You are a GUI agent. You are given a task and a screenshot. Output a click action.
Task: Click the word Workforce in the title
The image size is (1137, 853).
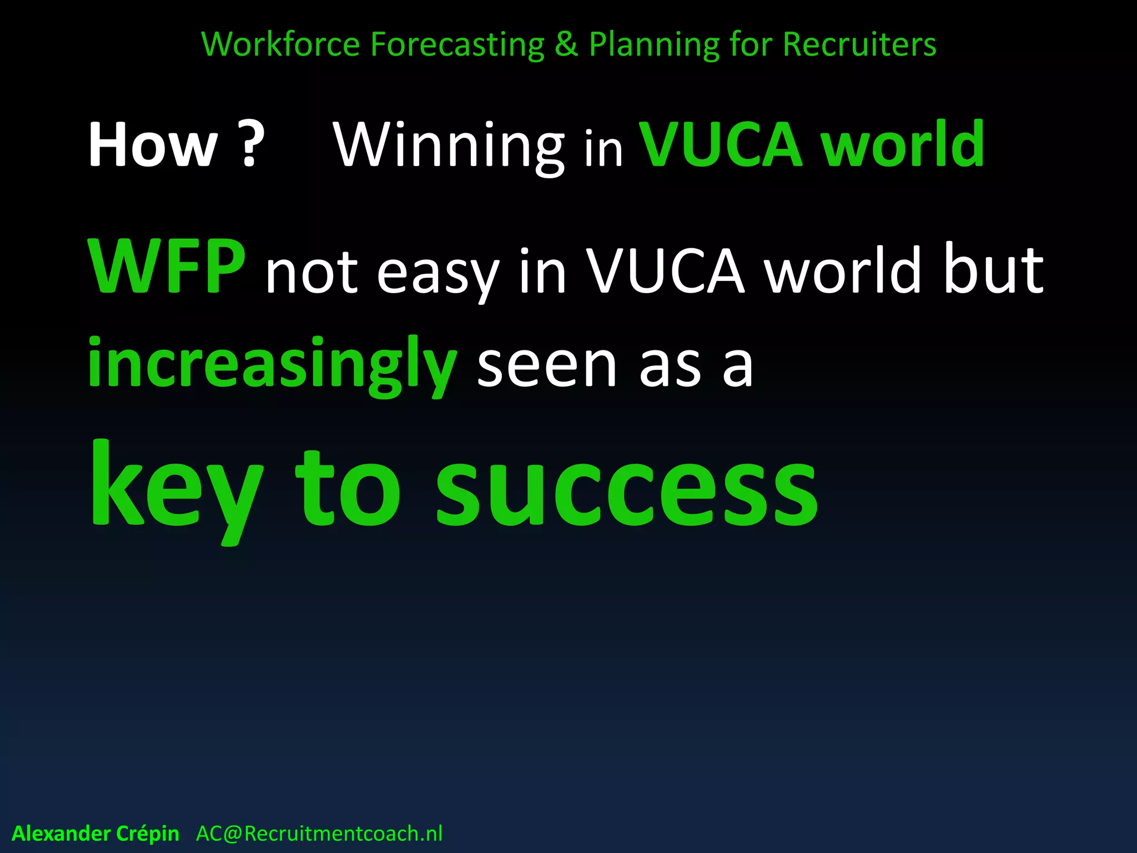[280, 44]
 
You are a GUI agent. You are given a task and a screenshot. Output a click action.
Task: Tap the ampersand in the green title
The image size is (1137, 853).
[566, 44]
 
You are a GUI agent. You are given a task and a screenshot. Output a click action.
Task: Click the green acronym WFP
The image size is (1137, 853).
[166, 267]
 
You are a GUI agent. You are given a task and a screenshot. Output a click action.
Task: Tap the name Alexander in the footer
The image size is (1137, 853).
[61, 834]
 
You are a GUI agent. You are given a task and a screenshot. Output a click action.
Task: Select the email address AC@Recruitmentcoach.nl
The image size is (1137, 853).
[319, 834]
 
